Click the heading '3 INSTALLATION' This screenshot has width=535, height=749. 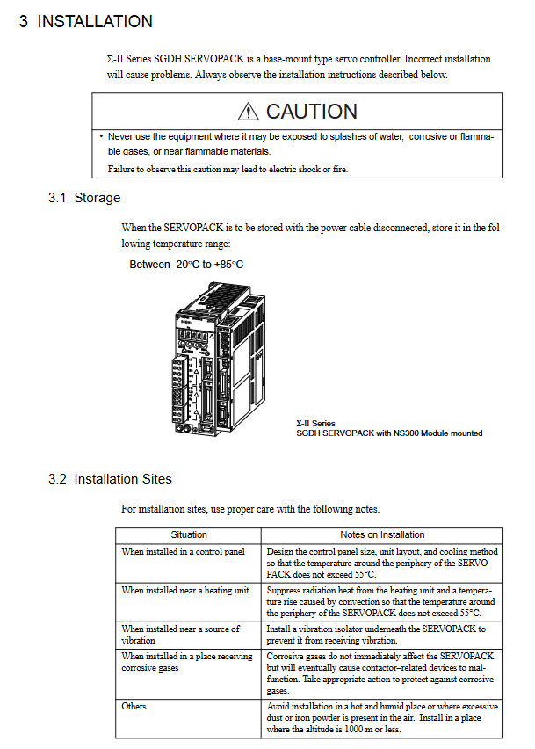pyautogui.click(x=86, y=22)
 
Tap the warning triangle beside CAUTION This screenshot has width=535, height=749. pyautogui.click(x=249, y=112)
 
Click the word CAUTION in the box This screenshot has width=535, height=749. pyautogui.click(x=311, y=112)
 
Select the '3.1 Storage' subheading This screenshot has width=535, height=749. pyautogui.click(x=84, y=198)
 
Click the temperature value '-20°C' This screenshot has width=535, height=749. pyautogui.click(x=182, y=265)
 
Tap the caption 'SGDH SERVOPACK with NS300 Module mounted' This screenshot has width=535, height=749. pyautogui.click(x=388, y=433)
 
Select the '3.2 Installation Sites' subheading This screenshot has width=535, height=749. pyautogui.click(x=110, y=479)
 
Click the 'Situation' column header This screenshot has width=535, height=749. pyautogui.click(x=189, y=534)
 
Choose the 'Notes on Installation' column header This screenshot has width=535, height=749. pyautogui.click(x=382, y=534)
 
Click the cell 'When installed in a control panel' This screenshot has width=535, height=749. pyautogui.click(x=184, y=551)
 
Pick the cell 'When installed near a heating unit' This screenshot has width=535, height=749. pyautogui.click(x=185, y=591)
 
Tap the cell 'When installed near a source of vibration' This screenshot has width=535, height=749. pyautogui.click(x=181, y=634)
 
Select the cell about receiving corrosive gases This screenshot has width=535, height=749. pyautogui.click(x=187, y=662)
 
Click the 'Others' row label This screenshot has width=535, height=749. pyautogui.click(x=134, y=707)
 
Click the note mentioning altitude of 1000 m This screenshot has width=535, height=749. pyautogui.click(x=382, y=718)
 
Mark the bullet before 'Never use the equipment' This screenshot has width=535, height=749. pyautogui.click(x=101, y=136)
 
